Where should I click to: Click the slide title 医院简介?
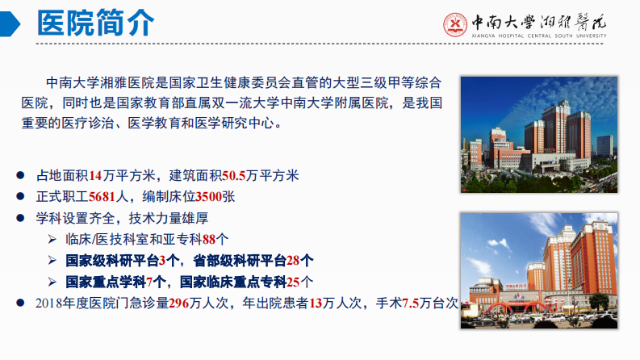click(94, 23)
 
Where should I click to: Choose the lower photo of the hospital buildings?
click(538, 270)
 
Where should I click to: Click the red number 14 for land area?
click(97, 176)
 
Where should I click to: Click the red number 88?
click(210, 240)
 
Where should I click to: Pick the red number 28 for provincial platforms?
click(294, 261)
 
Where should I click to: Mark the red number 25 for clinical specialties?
click(294, 283)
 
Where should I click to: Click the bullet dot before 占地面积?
click(21, 176)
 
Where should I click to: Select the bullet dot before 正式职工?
click(21, 197)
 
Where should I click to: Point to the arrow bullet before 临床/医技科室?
click(51, 240)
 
